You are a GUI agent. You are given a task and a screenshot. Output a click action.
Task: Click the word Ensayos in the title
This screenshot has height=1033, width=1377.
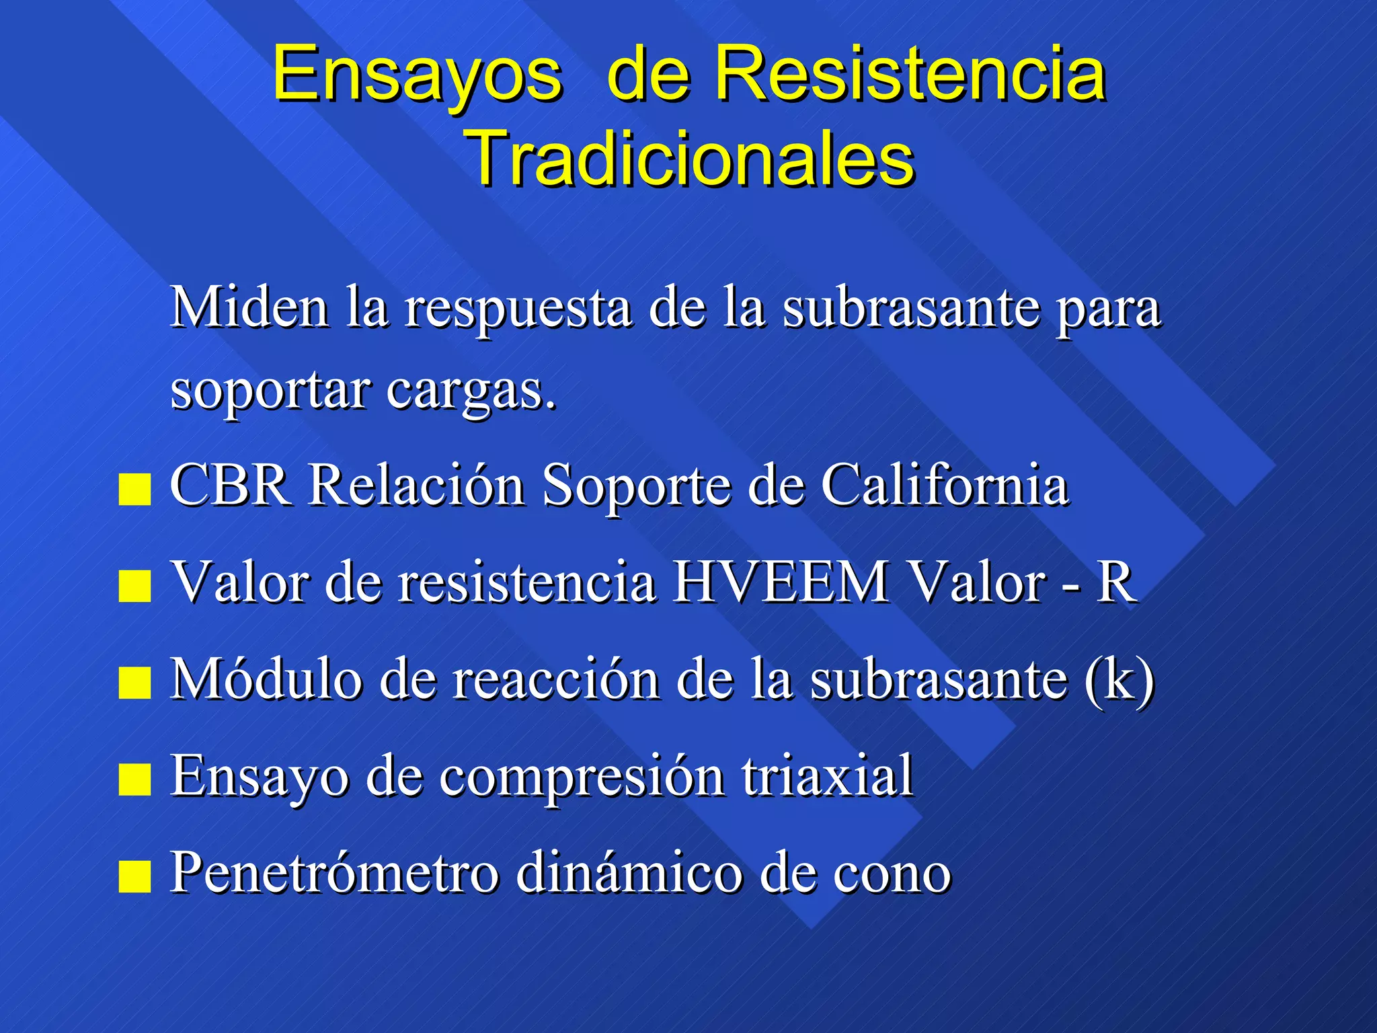pos(417,74)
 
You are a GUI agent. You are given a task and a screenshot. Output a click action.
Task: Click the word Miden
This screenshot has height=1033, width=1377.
pos(249,307)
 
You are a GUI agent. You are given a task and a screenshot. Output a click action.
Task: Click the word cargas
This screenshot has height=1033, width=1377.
pos(471,390)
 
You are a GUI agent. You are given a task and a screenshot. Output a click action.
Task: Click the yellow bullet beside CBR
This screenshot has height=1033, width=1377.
pos(134,489)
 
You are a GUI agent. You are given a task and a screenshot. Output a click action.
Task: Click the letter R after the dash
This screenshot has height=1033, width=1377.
pos(1116,582)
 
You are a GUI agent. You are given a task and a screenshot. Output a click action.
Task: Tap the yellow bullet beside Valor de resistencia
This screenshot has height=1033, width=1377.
pos(134,586)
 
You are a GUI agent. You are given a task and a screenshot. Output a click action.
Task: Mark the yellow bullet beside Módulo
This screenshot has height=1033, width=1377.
pos(134,683)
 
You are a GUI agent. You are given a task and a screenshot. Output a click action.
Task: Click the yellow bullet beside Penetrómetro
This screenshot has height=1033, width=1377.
pos(134,876)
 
